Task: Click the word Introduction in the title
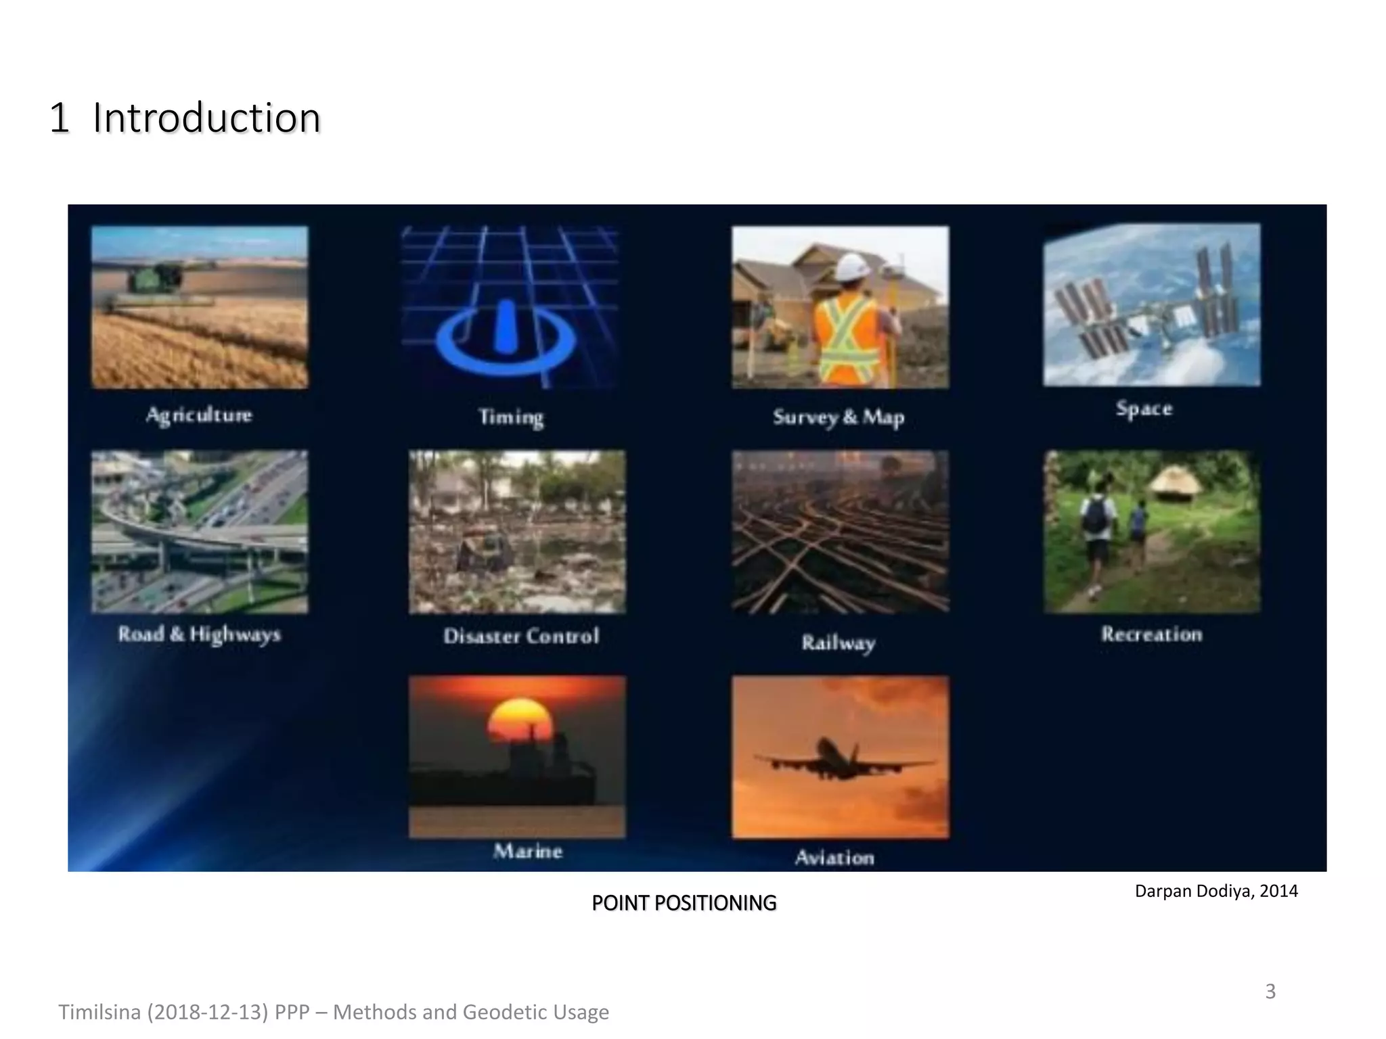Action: click(206, 118)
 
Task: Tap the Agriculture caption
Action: click(199, 415)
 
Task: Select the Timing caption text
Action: click(511, 417)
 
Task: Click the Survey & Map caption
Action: click(839, 417)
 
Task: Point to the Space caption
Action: click(1144, 409)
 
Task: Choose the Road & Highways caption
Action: click(199, 634)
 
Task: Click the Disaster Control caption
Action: click(521, 636)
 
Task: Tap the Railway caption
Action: click(839, 643)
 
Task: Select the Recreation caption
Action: click(1151, 634)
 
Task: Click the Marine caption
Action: click(528, 851)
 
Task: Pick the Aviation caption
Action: click(834, 858)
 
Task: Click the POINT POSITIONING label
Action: click(684, 903)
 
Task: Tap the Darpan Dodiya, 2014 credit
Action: click(1216, 891)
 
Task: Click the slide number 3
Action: click(1270, 991)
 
